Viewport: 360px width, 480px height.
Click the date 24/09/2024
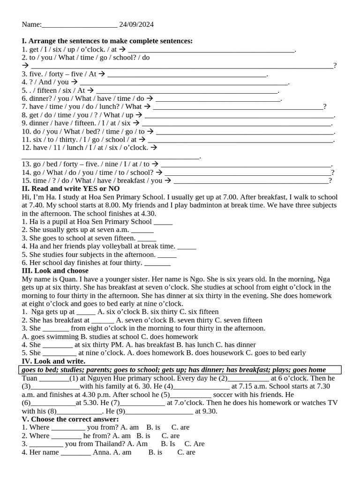point(136,24)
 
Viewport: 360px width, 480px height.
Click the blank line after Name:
point(79,25)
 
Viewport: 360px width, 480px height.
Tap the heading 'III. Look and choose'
point(55,271)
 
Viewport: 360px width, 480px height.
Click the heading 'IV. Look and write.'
point(53,361)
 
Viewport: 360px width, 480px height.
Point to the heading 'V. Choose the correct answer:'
point(70,419)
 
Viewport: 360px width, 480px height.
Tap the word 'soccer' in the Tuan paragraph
point(227,395)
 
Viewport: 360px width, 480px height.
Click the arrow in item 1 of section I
point(122,49)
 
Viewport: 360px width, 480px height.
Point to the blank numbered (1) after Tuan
point(53,379)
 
